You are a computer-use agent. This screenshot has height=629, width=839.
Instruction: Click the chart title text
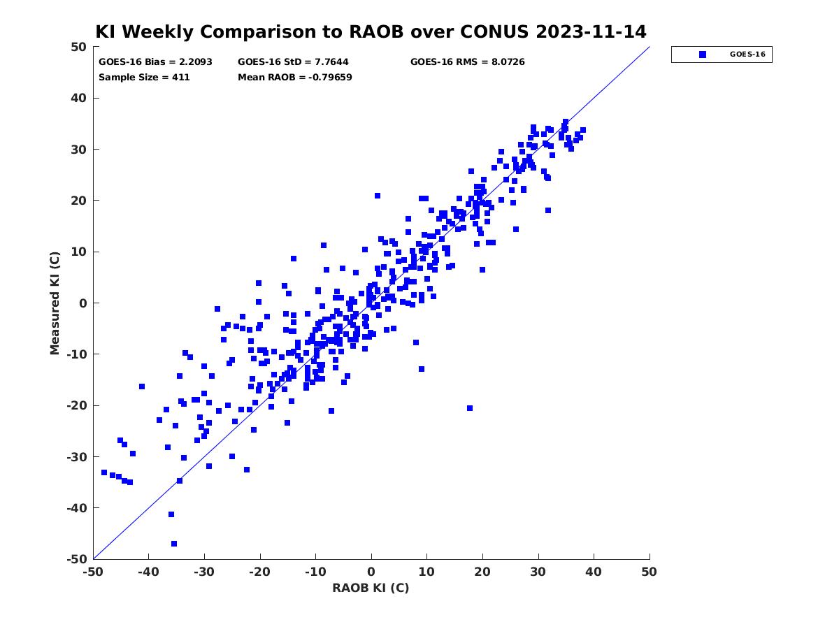(x=371, y=31)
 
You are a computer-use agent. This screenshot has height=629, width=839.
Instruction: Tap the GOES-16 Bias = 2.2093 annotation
(x=155, y=62)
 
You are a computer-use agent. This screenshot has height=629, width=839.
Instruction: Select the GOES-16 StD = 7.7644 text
(x=293, y=62)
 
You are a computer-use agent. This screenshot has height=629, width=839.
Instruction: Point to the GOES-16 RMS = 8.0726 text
(x=467, y=62)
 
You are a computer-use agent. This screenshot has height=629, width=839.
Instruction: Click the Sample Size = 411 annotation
(x=144, y=77)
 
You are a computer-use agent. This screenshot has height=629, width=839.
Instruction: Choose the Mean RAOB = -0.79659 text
(x=295, y=77)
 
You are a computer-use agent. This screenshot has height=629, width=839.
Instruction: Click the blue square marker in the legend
(x=703, y=55)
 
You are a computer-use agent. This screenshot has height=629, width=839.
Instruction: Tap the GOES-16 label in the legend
(x=747, y=55)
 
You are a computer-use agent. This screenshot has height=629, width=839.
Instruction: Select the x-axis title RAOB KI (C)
(x=371, y=587)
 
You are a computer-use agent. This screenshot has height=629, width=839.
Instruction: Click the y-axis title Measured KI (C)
(x=55, y=303)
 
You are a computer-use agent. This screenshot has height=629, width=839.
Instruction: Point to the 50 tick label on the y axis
(x=79, y=47)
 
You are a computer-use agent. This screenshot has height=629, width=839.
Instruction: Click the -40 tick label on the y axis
(x=77, y=508)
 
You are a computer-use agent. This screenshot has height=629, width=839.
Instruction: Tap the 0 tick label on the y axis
(x=83, y=303)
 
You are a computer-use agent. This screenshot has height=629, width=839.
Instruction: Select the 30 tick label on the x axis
(x=538, y=572)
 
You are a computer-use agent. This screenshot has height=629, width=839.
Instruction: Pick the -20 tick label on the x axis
(x=259, y=572)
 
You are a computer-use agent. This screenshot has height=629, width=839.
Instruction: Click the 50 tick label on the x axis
(x=649, y=572)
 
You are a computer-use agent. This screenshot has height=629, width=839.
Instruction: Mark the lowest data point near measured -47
(x=174, y=544)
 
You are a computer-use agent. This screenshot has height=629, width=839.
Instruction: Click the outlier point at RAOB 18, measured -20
(x=470, y=408)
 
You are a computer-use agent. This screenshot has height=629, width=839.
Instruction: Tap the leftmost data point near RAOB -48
(x=104, y=472)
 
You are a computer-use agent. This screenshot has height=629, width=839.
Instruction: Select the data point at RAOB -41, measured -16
(x=142, y=386)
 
